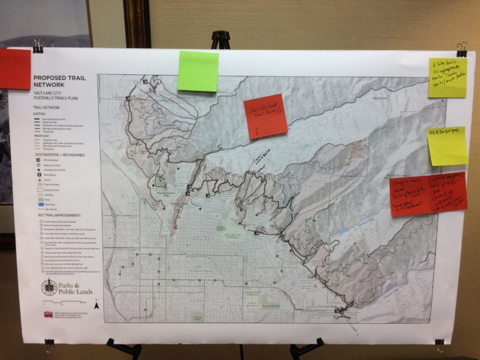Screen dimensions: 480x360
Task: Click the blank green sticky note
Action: [x=197, y=71]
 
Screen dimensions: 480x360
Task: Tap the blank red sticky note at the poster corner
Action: [x=14, y=69]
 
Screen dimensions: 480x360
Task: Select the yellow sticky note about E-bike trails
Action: [x=447, y=77]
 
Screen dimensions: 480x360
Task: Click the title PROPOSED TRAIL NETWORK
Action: [x=58, y=81]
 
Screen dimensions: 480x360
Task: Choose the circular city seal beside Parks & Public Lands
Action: [x=49, y=288]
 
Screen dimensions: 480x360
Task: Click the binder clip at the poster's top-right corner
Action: [x=462, y=49]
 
